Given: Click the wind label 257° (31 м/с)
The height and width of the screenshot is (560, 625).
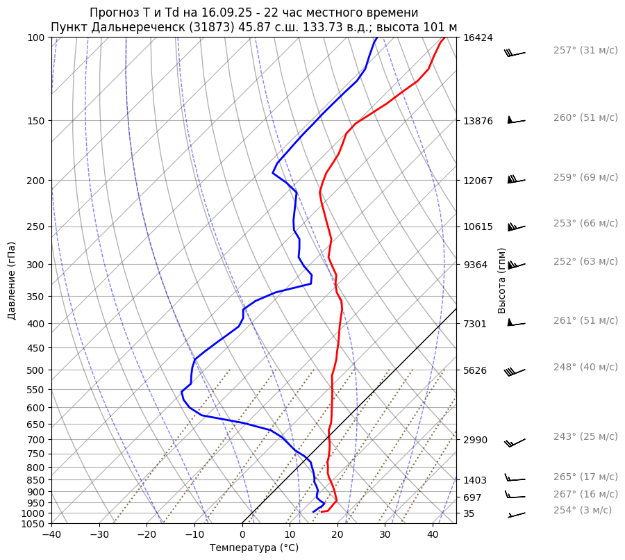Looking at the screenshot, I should click(x=585, y=51).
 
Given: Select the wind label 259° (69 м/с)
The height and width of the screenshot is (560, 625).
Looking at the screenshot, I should click(x=585, y=177).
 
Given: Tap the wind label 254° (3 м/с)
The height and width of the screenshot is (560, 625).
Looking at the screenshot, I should click(x=583, y=510).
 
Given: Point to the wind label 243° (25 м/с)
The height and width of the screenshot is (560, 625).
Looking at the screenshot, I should click(x=585, y=436).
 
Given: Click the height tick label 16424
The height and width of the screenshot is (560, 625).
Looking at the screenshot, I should click(x=478, y=38).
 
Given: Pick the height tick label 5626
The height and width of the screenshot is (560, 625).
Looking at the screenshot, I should click(x=475, y=370).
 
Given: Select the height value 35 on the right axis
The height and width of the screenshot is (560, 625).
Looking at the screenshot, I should click(x=469, y=513).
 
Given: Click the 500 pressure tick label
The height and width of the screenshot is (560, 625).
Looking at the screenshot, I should click(x=36, y=370).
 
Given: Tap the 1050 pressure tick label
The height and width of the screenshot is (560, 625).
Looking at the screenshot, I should click(x=33, y=524).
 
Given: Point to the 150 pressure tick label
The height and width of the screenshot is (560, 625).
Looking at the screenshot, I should click(x=36, y=121).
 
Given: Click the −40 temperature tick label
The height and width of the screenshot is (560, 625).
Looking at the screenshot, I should click(x=51, y=535).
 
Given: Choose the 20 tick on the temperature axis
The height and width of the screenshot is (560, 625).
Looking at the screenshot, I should click(x=337, y=535).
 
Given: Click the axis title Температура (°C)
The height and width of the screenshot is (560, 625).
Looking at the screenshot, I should click(x=254, y=547).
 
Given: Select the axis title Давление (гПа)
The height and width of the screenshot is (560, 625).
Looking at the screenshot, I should click(x=12, y=281).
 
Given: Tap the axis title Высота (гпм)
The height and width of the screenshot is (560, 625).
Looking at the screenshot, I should click(x=502, y=281).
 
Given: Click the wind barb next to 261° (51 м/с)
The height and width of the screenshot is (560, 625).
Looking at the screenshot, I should click(x=516, y=322).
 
